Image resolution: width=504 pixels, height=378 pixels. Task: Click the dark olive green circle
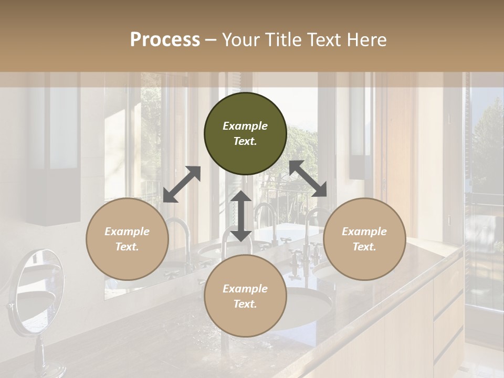[x=245, y=133]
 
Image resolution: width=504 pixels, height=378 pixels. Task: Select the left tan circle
[x=127, y=239]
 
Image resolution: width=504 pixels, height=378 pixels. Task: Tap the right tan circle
[x=364, y=239]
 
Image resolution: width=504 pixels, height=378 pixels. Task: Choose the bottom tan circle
[x=245, y=296]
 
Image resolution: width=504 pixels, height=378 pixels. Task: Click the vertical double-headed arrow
[x=241, y=216]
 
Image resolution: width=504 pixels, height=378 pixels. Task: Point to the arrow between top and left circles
[x=182, y=184]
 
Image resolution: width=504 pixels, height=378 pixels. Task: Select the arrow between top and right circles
[x=308, y=178]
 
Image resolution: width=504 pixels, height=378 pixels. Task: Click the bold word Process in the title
[x=165, y=39]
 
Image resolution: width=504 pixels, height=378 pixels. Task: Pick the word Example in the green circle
[x=245, y=126]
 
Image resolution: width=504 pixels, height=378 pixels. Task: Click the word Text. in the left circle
[x=127, y=247]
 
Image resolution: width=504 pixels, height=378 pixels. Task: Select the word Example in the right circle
[x=364, y=232]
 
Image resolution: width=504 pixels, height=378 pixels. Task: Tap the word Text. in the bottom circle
[x=245, y=304]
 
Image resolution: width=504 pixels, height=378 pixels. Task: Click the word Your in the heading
[x=238, y=39]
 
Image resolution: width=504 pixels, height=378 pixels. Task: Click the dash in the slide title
[x=211, y=39]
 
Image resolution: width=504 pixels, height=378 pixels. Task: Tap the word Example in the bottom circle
[x=245, y=289]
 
